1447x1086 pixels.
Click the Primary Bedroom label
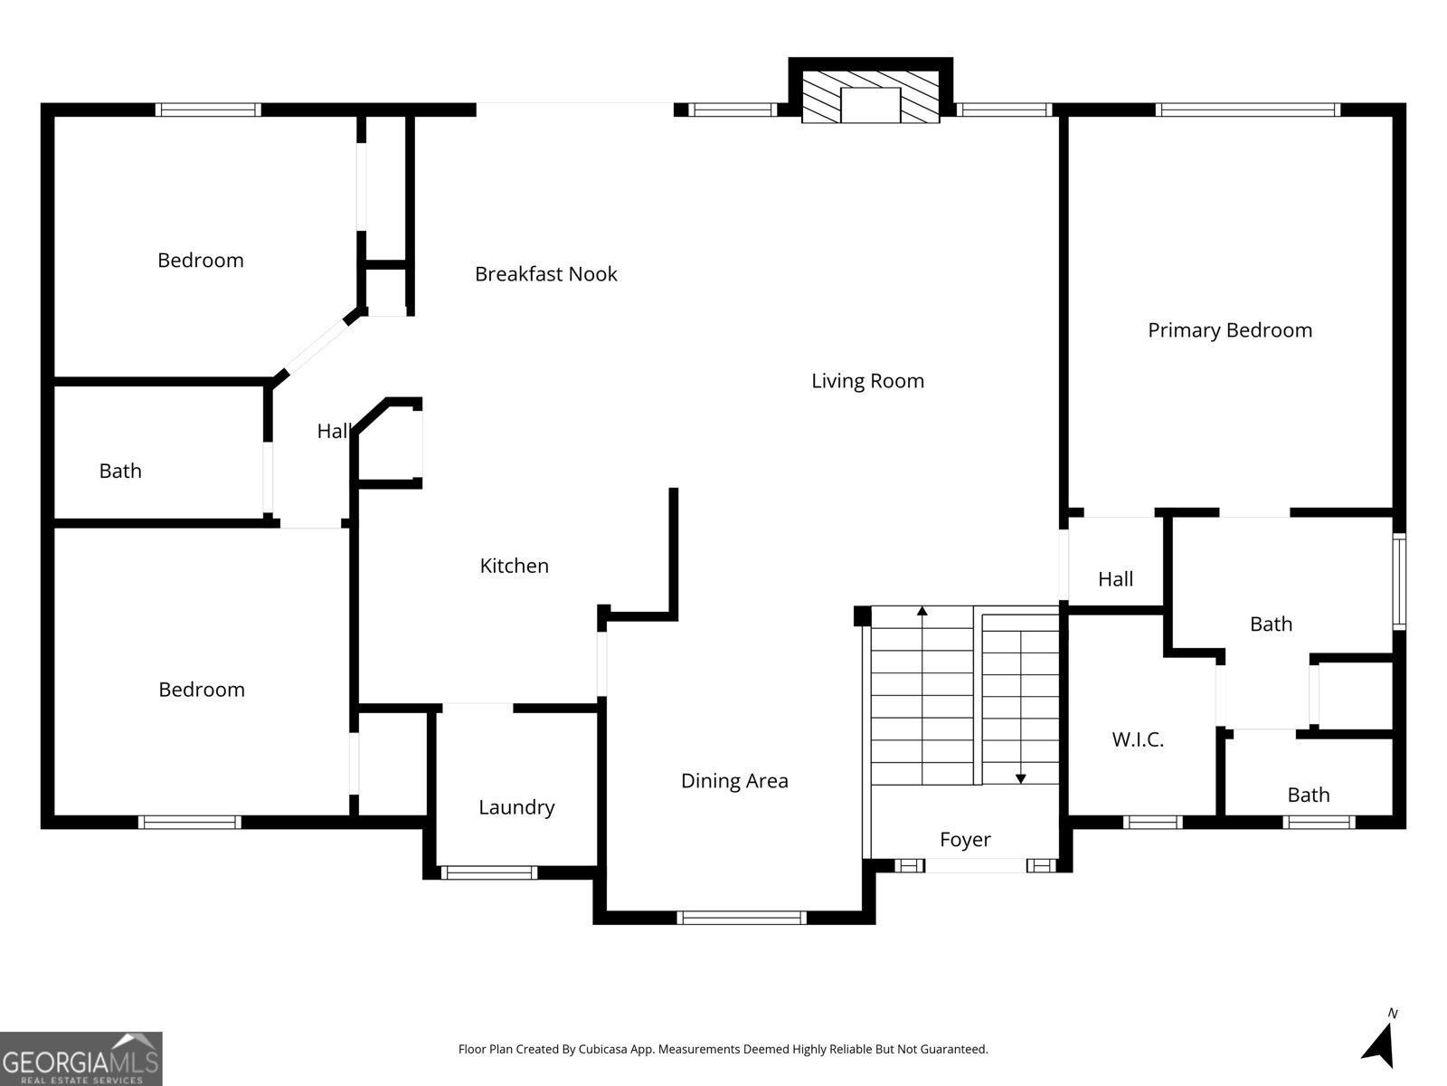(x=1229, y=330)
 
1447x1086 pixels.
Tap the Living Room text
(x=867, y=381)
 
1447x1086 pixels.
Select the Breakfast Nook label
(x=545, y=274)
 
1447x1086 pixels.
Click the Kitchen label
(x=514, y=566)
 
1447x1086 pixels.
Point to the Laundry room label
(x=516, y=807)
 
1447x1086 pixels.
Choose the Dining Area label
(x=734, y=781)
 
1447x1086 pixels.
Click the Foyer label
(x=965, y=840)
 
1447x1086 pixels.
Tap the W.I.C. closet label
(x=1137, y=740)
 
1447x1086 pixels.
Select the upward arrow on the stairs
(x=922, y=612)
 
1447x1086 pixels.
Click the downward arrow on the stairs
(x=1021, y=777)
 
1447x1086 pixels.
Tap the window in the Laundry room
(x=488, y=873)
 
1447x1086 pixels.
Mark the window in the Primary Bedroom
(x=1248, y=110)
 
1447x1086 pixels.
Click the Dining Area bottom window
(x=742, y=918)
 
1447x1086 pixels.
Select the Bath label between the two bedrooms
(x=120, y=472)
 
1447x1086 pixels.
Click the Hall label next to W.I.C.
(x=1115, y=579)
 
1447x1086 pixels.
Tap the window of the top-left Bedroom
(x=208, y=110)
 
